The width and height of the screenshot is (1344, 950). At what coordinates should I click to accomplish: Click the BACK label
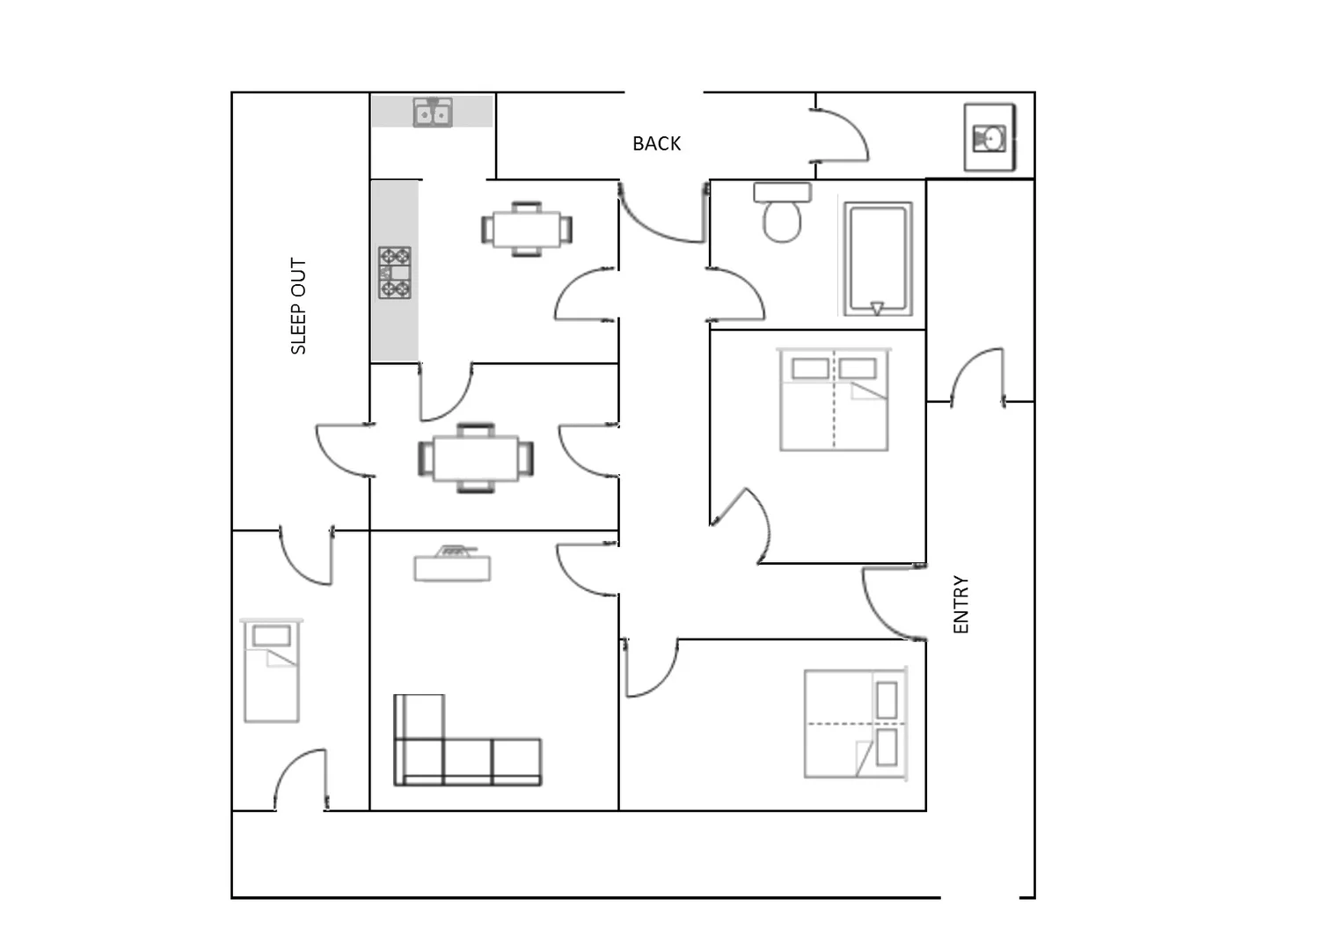(x=656, y=143)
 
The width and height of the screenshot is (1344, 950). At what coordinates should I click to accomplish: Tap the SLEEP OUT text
(x=298, y=306)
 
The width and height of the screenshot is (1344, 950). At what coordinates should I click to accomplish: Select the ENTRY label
(x=961, y=604)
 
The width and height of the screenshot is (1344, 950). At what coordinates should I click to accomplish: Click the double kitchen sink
(x=433, y=113)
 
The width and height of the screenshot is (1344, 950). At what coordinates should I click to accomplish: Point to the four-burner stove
(x=395, y=273)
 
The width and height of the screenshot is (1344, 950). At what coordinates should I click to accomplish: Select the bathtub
(x=877, y=259)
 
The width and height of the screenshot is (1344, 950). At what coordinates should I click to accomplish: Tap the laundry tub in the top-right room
(x=990, y=138)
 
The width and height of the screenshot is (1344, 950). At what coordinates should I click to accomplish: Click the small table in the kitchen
(x=526, y=230)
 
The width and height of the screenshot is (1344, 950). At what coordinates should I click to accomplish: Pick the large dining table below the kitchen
(x=476, y=457)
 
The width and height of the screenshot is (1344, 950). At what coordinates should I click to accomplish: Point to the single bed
(x=271, y=670)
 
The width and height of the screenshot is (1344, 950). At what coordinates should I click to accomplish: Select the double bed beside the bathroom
(x=834, y=399)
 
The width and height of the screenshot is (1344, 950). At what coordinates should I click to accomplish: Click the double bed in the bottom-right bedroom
(x=855, y=724)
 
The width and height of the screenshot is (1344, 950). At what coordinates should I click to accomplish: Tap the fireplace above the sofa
(x=452, y=564)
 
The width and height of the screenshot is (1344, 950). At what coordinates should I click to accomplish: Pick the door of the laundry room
(x=843, y=135)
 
